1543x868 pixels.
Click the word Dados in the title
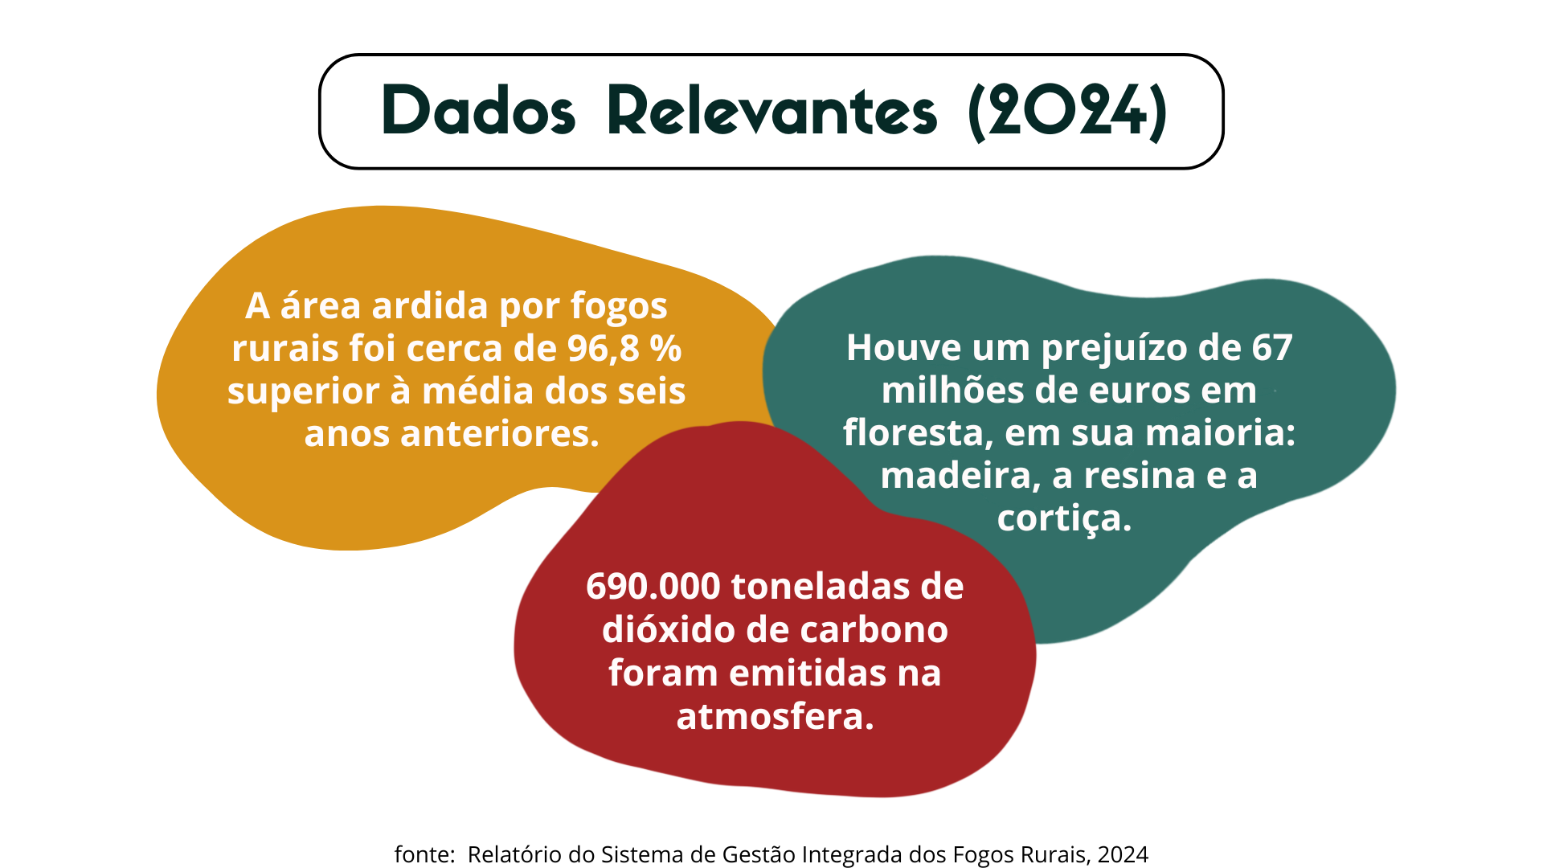479,110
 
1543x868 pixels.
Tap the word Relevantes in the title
772,110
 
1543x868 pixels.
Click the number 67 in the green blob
1272,348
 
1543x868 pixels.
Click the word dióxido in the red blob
669,629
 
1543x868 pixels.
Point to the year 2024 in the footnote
1123,854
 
